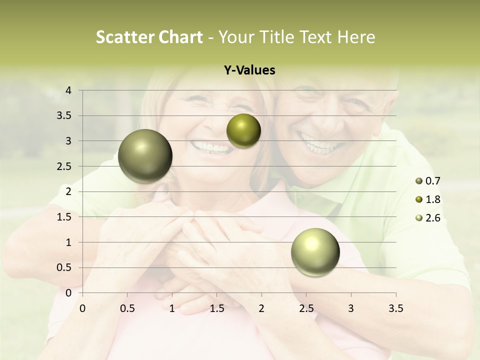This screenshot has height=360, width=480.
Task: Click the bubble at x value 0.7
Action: tap(145, 156)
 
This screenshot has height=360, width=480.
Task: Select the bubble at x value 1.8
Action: tap(243, 131)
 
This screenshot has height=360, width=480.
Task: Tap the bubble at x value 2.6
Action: tap(315, 251)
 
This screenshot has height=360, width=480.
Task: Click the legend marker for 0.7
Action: tap(418, 181)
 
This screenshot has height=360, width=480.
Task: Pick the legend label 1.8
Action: tap(433, 199)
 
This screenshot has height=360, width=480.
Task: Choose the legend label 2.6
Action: tap(433, 218)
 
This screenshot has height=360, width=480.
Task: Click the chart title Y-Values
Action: tap(249, 70)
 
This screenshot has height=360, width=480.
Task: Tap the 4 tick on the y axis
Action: tap(69, 90)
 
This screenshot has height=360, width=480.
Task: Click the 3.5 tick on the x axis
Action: tap(396, 309)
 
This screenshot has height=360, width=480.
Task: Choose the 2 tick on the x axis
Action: tap(261, 309)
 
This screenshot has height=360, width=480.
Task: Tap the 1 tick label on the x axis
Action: tap(172, 309)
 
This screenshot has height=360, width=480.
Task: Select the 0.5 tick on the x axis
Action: tap(127, 309)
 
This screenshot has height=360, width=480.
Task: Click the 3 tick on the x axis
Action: tap(351, 309)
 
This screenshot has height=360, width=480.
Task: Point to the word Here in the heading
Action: tap(356, 37)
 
